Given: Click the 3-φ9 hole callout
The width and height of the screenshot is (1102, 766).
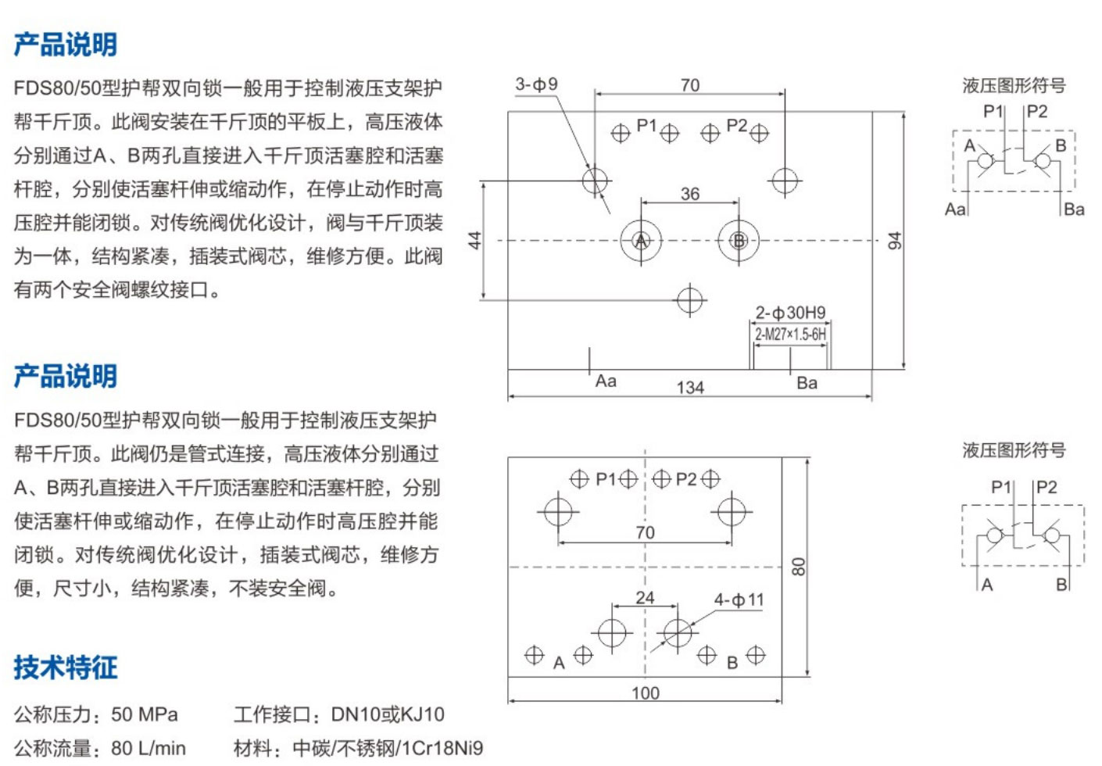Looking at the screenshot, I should (536, 84).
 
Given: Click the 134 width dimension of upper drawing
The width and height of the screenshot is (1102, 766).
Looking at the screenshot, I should (690, 387).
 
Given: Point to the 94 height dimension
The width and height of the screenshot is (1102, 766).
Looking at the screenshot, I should (895, 240).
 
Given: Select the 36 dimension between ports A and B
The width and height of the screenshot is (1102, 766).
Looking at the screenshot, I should (690, 193).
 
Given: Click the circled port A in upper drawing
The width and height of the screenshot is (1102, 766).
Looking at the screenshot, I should (641, 241).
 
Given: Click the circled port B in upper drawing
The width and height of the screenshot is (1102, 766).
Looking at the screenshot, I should (739, 241).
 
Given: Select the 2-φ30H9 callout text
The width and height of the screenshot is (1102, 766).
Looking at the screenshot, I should (790, 313).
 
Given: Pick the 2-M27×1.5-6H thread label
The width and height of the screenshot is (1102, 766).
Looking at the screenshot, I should (790, 335).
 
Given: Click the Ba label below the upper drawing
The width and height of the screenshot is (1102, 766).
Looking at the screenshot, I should (807, 383).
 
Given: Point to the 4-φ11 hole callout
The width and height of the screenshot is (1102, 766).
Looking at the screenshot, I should (739, 600).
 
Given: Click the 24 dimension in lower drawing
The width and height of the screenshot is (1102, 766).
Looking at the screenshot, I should (645, 598).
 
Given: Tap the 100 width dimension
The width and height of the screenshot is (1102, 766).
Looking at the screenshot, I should (646, 693).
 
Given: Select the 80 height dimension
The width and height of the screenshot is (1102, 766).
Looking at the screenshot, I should (798, 567).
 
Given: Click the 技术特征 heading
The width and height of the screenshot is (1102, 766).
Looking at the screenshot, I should (66, 668).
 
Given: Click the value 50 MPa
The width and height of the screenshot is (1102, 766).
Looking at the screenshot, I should (145, 714).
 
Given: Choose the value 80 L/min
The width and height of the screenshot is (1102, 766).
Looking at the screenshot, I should (148, 748).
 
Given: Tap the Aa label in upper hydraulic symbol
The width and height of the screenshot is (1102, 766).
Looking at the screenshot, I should (955, 209).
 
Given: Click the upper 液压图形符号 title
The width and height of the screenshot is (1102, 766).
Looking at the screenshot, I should (1014, 85).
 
